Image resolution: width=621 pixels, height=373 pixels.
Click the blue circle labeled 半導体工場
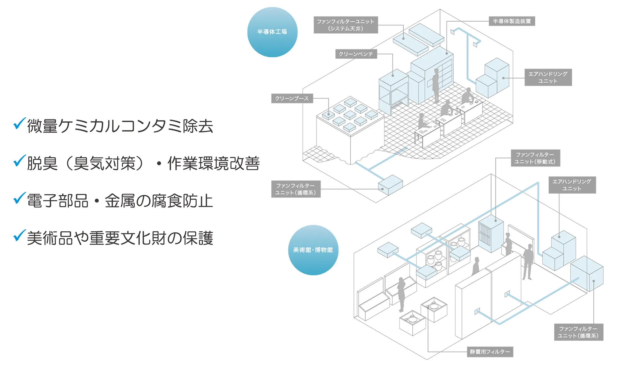pos(272,32)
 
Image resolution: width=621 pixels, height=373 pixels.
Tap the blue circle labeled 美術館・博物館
pos(313,250)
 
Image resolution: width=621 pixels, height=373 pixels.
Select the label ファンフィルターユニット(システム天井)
pos(346,25)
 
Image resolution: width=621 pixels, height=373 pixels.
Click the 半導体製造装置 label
pos(512,21)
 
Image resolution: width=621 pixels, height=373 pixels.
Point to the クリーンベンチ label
pos(356,54)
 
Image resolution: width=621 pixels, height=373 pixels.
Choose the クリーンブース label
pos(292,98)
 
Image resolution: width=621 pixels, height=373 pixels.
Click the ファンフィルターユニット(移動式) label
pos(535,158)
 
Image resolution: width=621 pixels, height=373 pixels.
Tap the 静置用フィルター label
pos(490,352)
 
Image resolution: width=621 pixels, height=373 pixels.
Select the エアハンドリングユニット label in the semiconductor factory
pos(548,77)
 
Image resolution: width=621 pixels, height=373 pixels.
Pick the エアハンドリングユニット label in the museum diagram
pos(572,185)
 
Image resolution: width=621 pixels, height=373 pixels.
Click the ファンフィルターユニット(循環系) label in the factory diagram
pos(296,189)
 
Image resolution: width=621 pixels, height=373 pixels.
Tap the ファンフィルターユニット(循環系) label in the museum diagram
pos(578,332)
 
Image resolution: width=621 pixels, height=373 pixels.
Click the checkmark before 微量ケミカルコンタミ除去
pos(19,124)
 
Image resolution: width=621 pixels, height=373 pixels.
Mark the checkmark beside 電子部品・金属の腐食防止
pos(19,198)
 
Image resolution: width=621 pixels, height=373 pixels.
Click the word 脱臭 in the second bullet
pos(42,163)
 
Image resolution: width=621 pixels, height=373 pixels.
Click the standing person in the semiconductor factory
pos(436,85)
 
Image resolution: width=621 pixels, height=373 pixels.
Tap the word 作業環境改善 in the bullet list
pos(214,163)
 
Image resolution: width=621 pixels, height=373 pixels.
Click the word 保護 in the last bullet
pos(198,238)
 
